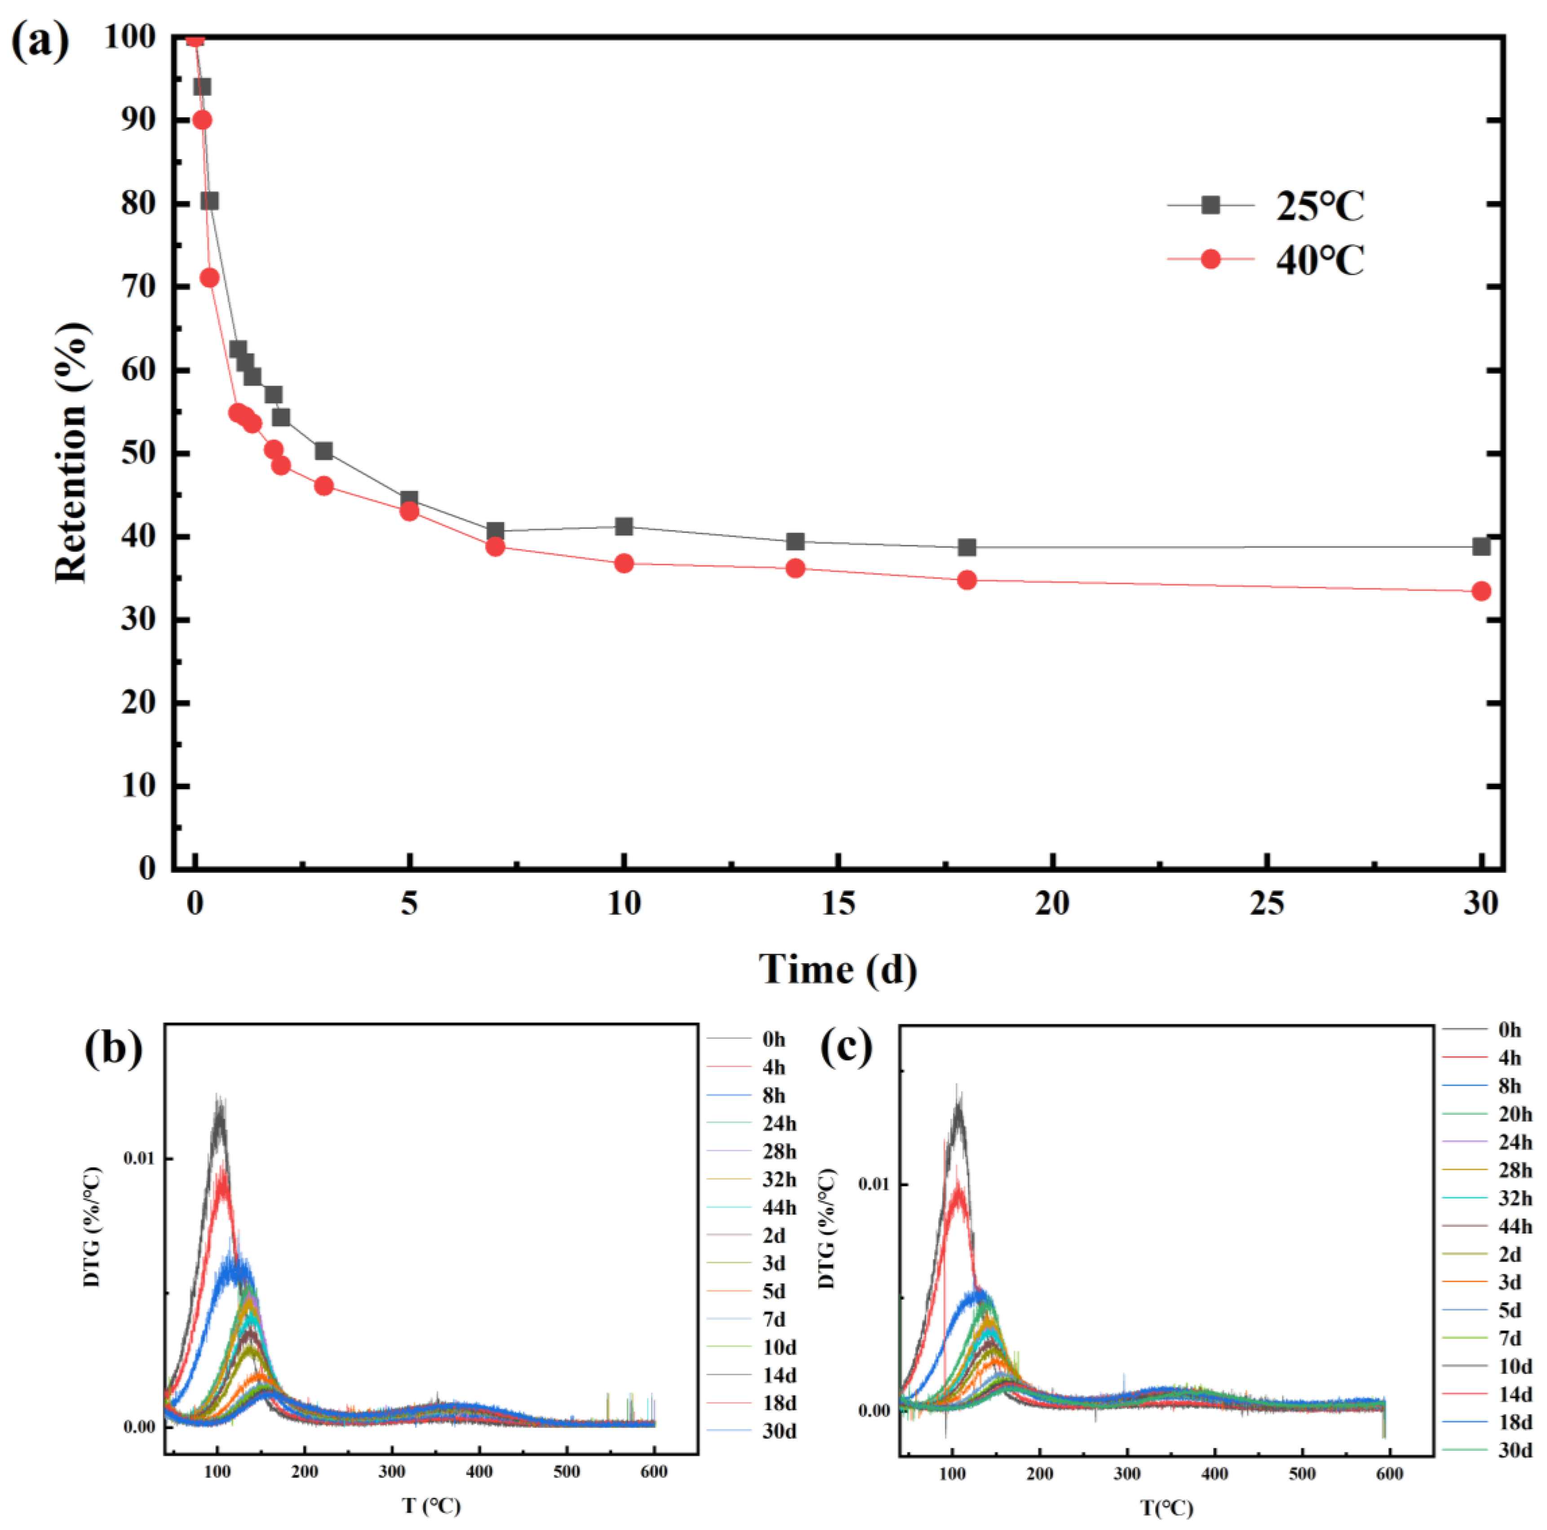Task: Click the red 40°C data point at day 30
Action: coord(1481,591)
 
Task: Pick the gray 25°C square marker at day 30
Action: coord(1481,546)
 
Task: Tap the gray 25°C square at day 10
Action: coord(624,526)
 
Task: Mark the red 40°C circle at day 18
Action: coord(966,580)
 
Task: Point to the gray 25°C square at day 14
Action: coord(795,542)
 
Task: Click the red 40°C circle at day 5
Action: coord(409,511)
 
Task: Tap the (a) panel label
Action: coord(40,42)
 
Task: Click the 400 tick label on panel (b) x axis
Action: coord(479,1472)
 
